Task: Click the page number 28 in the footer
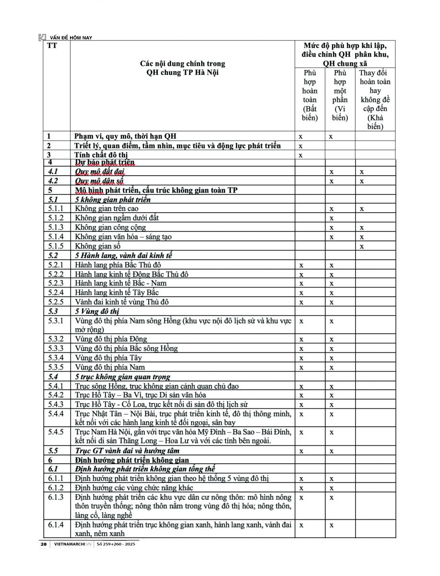[44, 544]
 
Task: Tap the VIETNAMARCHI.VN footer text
[72, 544]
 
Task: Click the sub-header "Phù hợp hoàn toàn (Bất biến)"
[310, 95]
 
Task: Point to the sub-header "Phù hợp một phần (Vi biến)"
[340, 95]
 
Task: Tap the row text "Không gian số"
[97, 246]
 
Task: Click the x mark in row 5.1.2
[331, 218]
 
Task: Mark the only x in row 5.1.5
[362, 246]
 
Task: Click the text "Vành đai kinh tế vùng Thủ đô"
[122, 302]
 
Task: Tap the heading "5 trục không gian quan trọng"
[123, 377]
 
